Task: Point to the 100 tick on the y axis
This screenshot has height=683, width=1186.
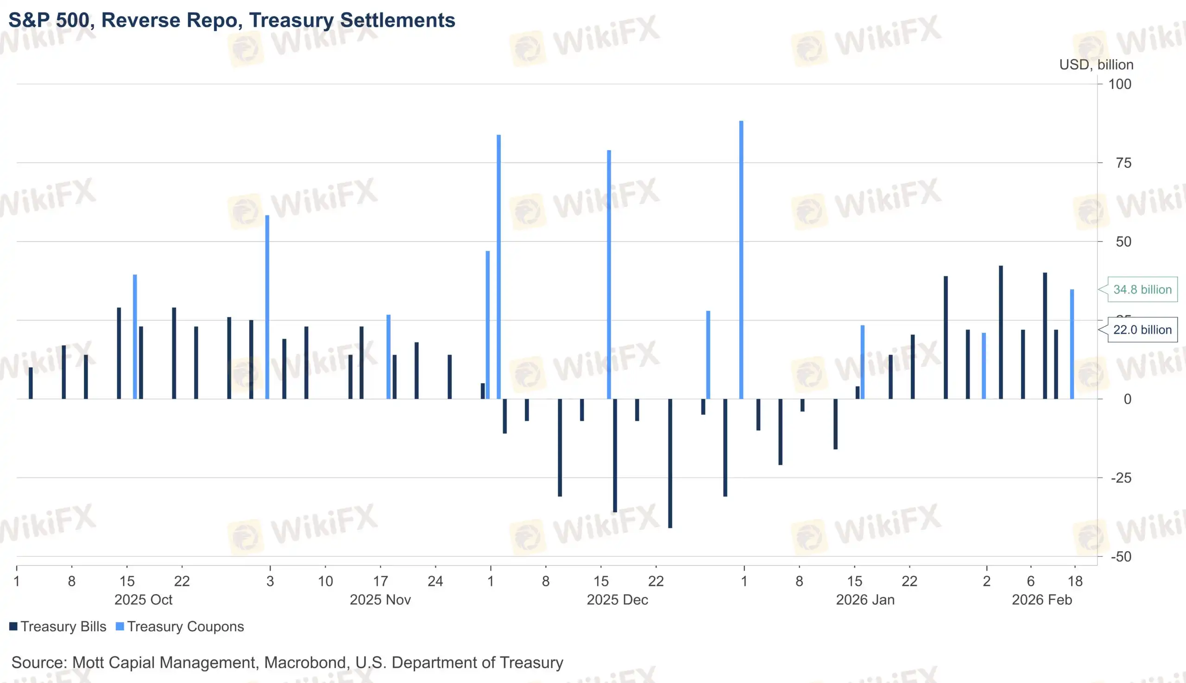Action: [1119, 84]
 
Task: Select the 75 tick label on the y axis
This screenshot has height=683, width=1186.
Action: [1123, 163]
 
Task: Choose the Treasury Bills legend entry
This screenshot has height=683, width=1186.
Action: [58, 627]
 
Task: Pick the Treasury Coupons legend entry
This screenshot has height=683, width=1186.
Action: [180, 627]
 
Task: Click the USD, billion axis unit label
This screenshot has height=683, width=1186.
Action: [1096, 65]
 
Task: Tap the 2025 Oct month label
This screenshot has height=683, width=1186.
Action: [143, 600]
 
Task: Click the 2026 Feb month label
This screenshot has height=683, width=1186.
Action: [1041, 600]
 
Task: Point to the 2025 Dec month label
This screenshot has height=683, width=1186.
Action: [617, 600]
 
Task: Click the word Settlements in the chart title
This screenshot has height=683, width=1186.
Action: [397, 20]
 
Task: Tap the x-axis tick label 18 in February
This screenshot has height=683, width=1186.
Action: [1075, 582]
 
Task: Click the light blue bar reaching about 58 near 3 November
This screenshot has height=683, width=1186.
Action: [267, 307]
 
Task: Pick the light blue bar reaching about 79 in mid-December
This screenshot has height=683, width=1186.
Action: [609, 274]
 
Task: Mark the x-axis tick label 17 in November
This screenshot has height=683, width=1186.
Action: [380, 582]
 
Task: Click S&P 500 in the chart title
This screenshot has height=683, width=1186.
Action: [49, 20]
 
